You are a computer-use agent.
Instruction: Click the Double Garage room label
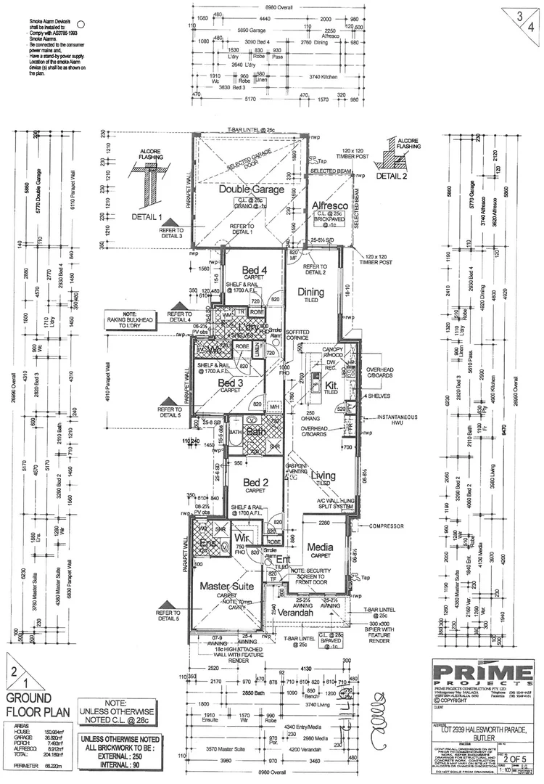(252, 189)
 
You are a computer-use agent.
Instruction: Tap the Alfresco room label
(330, 206)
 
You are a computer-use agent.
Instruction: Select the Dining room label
(311, 293)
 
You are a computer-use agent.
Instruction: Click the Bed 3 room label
(231, 383)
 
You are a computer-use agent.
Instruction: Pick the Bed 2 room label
(255, 483)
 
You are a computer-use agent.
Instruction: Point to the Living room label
(323, 477)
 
